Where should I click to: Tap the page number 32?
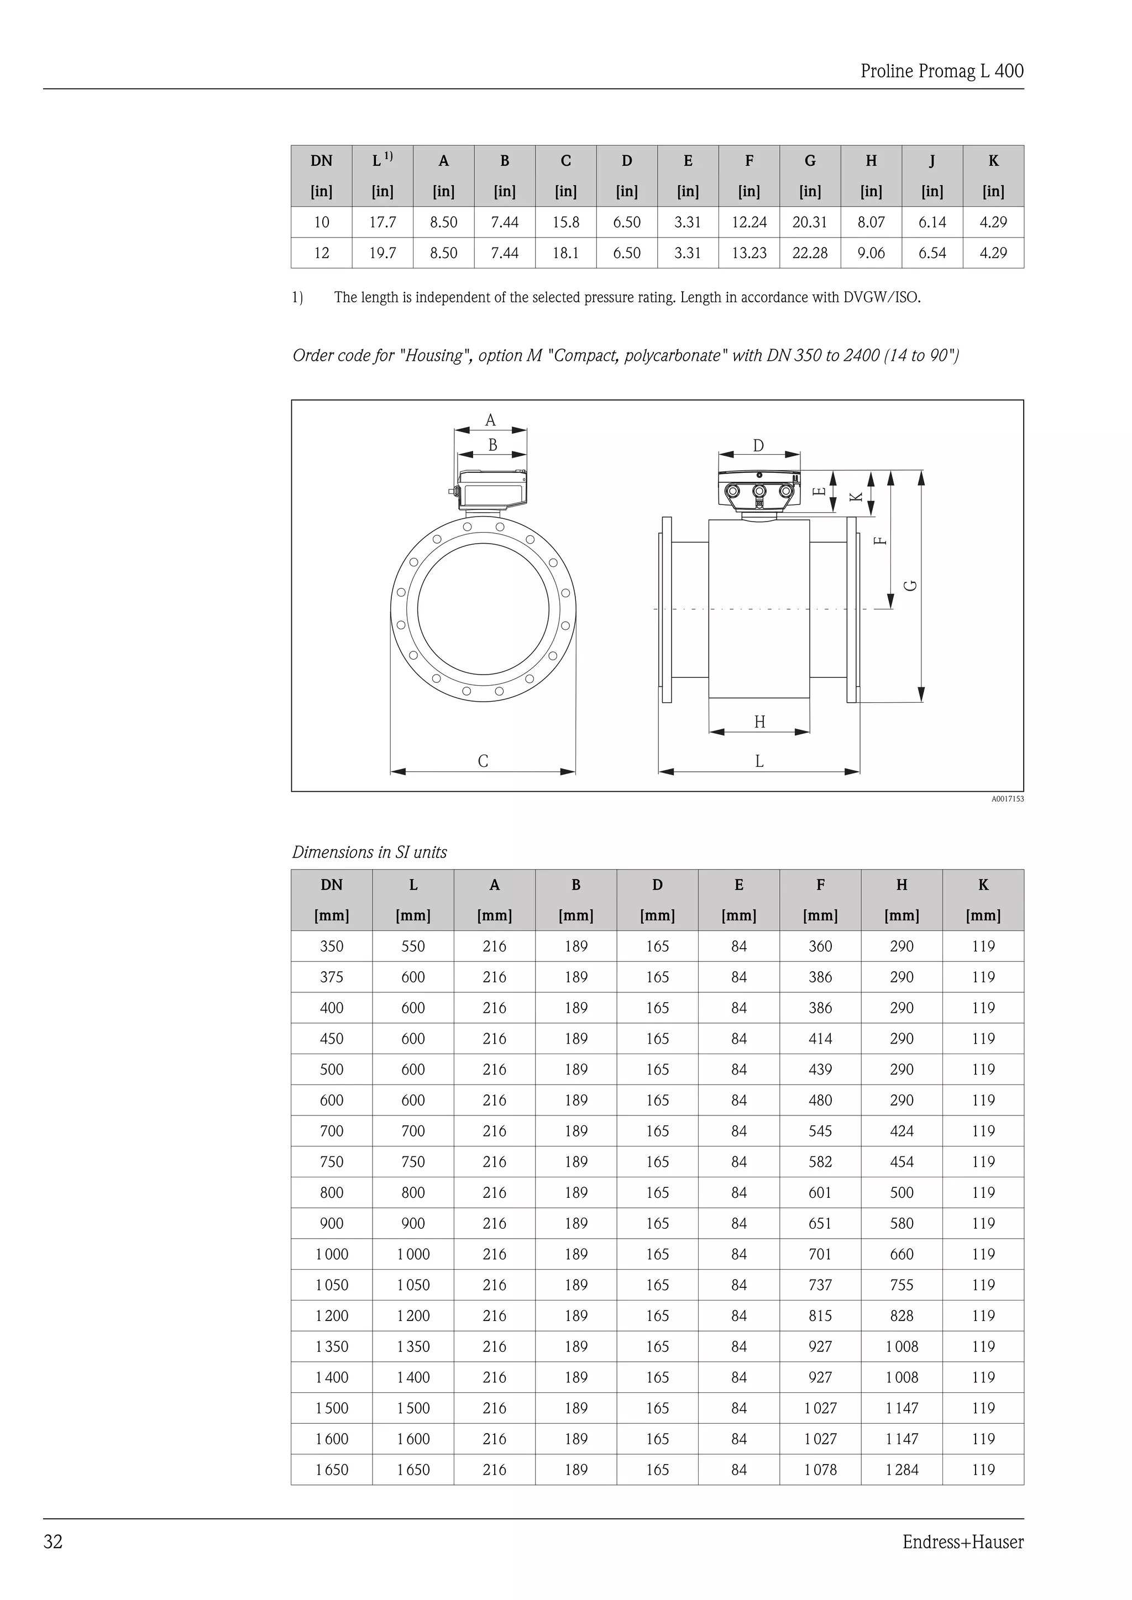[53, 1541]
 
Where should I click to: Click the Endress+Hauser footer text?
[963, 1541]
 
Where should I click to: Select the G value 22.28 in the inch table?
[809, 253]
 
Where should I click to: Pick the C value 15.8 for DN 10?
[565, 222]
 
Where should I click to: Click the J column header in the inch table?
[931, 161]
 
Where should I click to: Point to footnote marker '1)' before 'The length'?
[297, 298]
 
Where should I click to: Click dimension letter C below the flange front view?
[483, 761]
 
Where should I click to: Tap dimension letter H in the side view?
[759, 722]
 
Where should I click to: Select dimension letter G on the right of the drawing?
[910, 586]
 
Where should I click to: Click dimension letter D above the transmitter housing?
[758, 446]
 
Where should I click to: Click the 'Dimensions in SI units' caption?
[369, 852]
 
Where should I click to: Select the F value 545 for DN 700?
[820, 1131]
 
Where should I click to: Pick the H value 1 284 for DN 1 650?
[902, 1470]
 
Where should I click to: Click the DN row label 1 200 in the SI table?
[332, 1315]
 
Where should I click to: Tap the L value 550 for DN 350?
[413, 946]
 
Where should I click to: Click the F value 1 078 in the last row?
[820, 1470]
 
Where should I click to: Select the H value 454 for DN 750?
[902, 1162]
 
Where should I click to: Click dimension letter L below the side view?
[759, 761]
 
